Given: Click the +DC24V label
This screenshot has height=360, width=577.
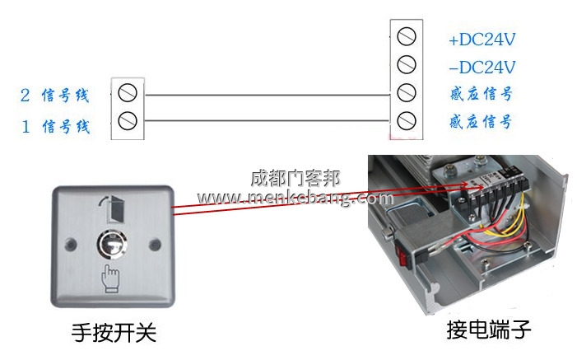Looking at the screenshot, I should click(482, 40).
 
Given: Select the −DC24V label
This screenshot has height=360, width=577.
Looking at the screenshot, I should click(482, 68).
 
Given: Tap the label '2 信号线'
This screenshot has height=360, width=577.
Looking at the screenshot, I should click(54, 96).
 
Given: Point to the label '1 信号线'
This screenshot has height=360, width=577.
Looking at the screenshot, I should click(54, 127).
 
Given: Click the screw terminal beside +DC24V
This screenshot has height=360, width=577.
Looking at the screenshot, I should click(406, 36).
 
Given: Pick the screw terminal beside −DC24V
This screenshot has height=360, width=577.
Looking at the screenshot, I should click(406, 64).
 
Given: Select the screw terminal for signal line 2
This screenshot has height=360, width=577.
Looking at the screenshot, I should click(128, 91).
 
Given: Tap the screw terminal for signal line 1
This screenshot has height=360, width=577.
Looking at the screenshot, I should click(128, 121).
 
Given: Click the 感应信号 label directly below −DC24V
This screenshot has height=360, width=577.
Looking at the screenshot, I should click(481, 95).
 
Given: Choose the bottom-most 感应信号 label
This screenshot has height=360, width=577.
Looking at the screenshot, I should click(481, 123).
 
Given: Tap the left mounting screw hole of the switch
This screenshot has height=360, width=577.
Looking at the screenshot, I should click(71, 245).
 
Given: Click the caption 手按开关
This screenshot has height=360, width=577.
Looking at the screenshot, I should click(113, 333).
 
